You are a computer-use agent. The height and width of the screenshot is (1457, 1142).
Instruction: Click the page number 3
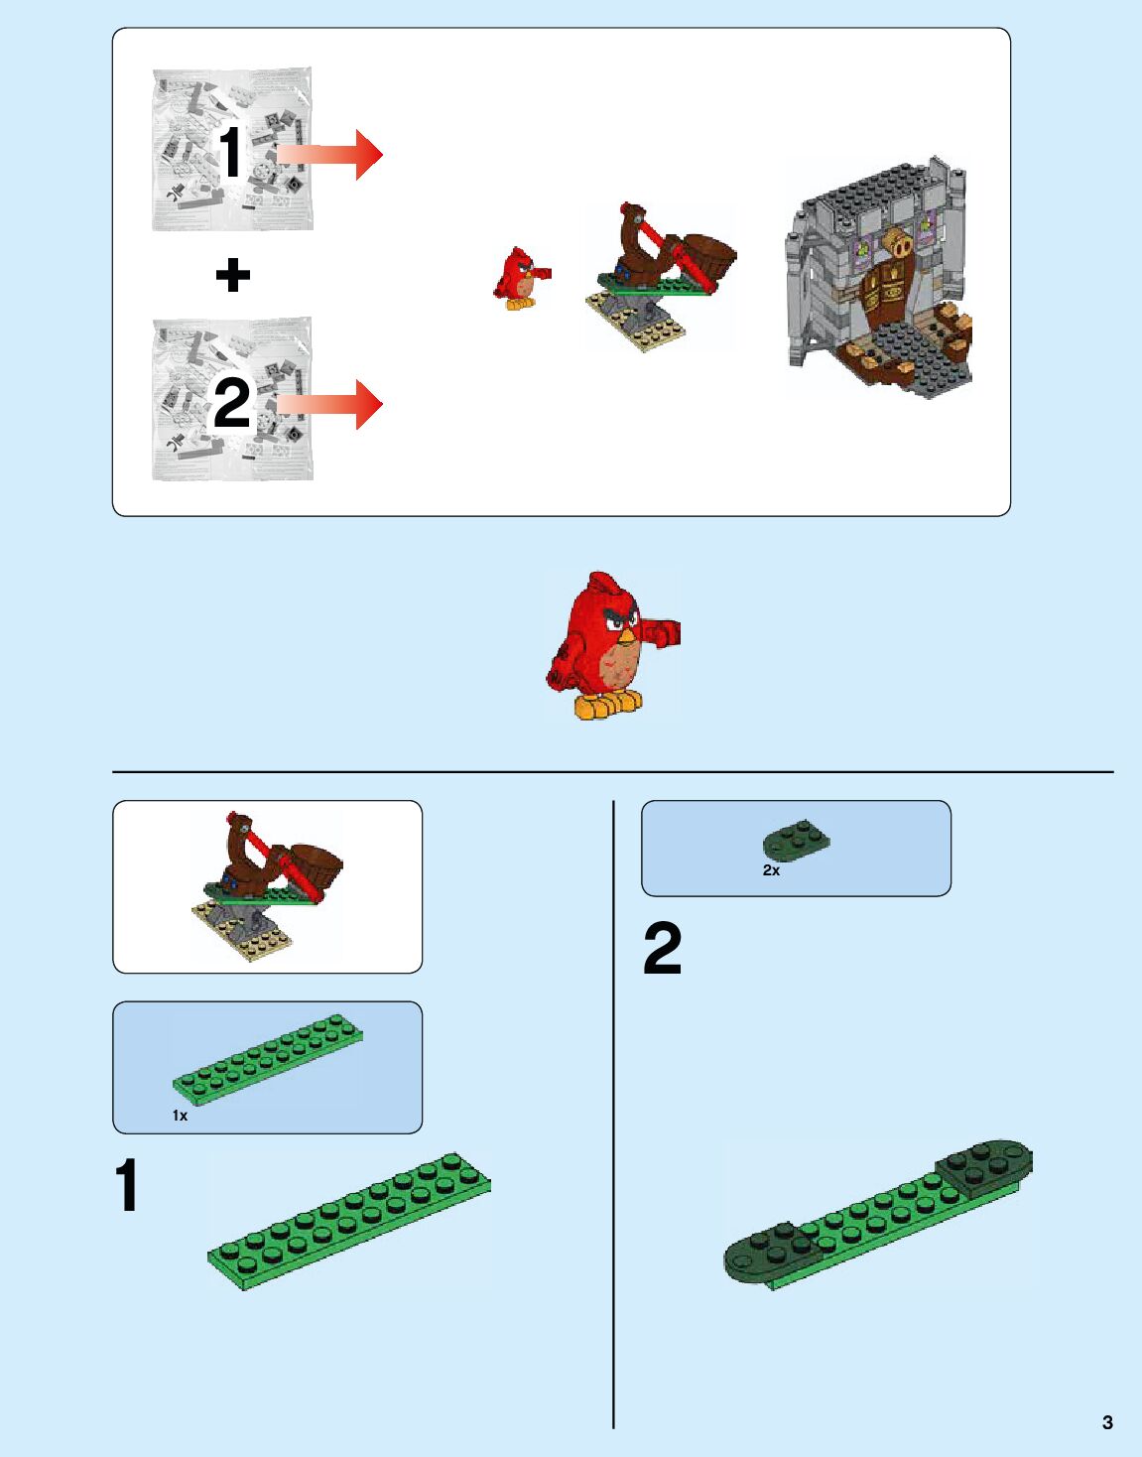coord(1107,1421)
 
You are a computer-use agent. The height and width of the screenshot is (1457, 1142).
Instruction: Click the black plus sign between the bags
coord(232,275)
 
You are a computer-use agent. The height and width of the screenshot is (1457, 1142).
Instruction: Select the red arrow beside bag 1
coord(329,155)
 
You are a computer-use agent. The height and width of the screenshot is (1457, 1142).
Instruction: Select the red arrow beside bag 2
coord(329,404)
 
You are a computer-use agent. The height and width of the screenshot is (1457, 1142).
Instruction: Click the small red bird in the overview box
coord(521,278)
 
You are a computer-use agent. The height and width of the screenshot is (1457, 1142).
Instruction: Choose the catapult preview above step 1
coord(267,885)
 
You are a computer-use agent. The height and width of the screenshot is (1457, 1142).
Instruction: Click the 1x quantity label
coord(180,1115)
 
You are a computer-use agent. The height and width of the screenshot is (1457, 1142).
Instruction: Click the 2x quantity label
coord(771,869)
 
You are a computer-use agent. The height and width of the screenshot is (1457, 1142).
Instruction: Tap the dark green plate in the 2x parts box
coord(796,840)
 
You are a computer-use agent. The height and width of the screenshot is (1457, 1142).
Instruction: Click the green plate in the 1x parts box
coord(268,1059)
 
